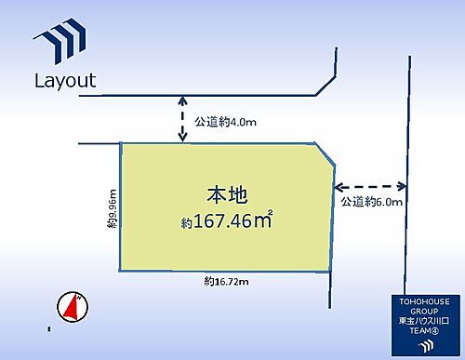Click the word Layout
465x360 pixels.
click(x=65, y=80)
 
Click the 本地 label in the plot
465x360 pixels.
click(x=227, y=195)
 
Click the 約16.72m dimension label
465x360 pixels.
click(x=227, y=280)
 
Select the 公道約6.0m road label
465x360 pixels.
click(x=371, y=201)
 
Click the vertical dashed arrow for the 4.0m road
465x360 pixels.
click(x=182, y=119)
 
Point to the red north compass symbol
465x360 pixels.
click(x=71, y=307)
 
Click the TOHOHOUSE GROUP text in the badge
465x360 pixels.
click(x=427, y=307)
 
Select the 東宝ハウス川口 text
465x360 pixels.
click(x=427, y=321)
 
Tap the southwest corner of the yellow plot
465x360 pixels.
click(x=120, y=273)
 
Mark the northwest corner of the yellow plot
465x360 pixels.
click(x=120, y=143)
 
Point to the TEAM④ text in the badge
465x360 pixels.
click(x=427, y=331)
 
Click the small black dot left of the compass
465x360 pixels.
click(x=48, y=328)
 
